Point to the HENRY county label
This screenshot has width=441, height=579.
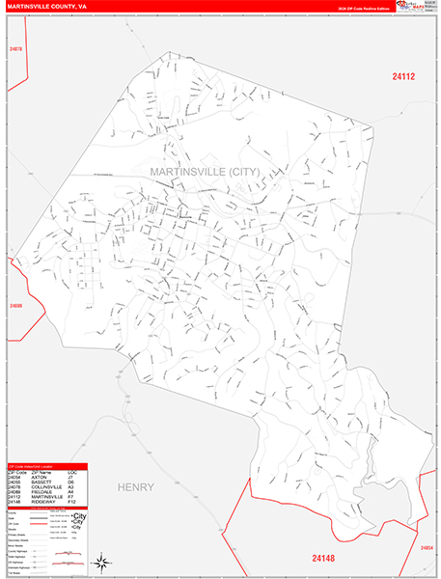click(x=135, y=487)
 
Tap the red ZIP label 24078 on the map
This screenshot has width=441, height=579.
click(x=14, y=48)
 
